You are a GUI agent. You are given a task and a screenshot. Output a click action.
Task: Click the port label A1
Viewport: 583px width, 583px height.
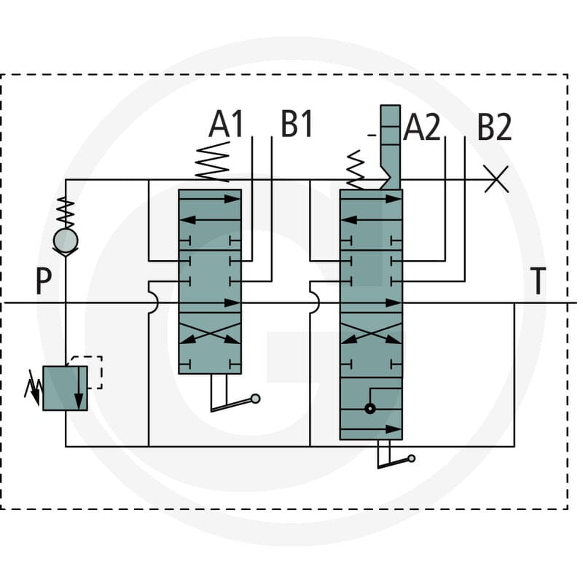tap(226, 124)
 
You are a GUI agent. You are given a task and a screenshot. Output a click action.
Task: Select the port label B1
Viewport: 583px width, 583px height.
tap(297, 124)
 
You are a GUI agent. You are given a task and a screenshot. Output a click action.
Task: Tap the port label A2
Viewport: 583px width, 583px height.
tap(422, 127)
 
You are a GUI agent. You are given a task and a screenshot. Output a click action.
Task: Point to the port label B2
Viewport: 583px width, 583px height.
tap(494, 127)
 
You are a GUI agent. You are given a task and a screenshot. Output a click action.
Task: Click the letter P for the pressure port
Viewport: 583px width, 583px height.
tap(44, 281)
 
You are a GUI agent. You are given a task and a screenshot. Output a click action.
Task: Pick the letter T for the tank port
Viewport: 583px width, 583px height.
tap(538, 281)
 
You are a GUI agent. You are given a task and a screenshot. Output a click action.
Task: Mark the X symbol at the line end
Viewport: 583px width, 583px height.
tap(496, 179)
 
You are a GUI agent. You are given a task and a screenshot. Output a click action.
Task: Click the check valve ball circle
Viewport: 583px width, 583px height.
tap(66, 240)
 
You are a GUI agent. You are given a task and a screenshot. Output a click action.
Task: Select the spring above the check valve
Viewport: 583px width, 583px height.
tap(66, 212)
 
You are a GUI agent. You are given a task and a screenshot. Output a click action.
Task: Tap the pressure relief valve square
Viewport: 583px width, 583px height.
tap(65, 388)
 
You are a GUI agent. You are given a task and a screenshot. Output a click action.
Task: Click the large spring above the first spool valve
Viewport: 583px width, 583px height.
tap(212, 162)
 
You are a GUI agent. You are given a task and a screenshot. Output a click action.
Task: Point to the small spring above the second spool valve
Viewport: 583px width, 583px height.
tap(355, 170)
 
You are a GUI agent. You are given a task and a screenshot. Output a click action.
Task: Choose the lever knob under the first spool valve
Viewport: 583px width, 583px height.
tap(256, 399)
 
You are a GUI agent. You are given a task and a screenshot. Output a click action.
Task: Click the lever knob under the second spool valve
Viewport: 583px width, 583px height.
tap(412, 458)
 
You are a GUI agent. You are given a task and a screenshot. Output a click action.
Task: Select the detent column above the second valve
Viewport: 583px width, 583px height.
tap(390, 147)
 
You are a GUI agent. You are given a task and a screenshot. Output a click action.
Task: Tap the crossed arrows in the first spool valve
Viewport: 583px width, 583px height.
tap(210, 333)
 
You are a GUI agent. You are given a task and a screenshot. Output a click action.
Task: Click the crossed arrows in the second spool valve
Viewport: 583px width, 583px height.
tap(371, 333)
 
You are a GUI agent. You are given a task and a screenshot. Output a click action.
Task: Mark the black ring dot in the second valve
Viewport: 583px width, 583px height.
tap(370, 409)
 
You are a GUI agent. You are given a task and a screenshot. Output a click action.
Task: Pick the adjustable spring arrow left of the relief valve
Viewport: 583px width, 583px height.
tap(33, 388)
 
